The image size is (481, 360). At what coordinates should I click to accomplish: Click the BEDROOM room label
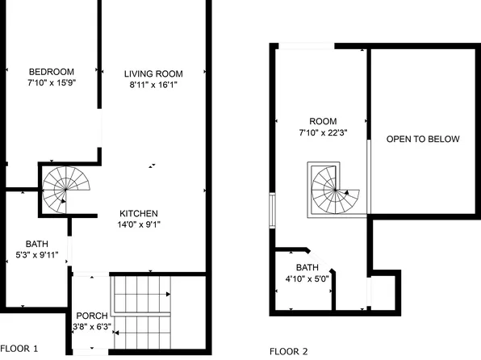pos(51,70)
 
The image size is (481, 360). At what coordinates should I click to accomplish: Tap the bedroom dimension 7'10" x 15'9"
pos(51,82)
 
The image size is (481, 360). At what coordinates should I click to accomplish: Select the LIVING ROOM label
pos(150,73)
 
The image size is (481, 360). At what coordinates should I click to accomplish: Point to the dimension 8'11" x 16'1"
pos(150,84)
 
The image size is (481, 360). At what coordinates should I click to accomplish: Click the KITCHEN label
pos(139,214)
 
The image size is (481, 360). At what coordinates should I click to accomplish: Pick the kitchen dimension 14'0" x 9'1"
pos(139,225)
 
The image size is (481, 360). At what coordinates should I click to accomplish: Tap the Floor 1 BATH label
pos(36,244)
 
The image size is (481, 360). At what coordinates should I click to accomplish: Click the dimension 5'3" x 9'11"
pos(36,255)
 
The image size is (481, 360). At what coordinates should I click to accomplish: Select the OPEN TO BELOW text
pos(422,139)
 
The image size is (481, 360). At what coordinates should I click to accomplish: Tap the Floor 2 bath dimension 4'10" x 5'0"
pos(307,279)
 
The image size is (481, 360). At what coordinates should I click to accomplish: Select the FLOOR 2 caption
pos(288,351)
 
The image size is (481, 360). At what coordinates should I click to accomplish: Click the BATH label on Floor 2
pos(307,268)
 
